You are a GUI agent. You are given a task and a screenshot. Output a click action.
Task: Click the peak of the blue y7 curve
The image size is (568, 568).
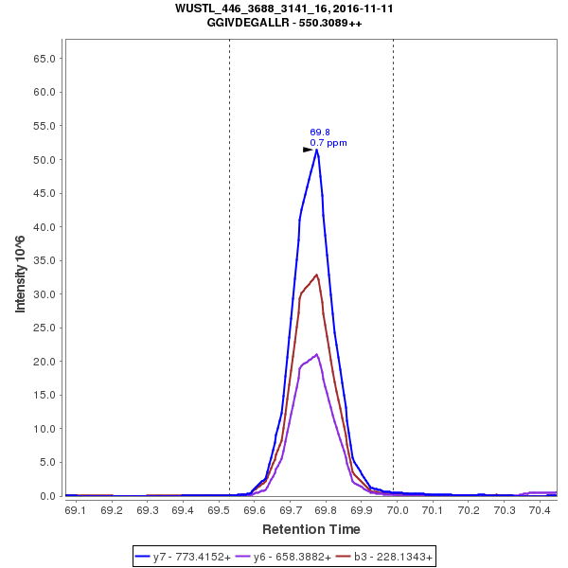coord(316,150)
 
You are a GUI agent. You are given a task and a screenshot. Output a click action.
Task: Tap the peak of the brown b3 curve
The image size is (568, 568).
coord(317,275)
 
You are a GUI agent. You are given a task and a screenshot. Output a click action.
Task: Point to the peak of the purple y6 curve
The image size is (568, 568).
coord(317,355)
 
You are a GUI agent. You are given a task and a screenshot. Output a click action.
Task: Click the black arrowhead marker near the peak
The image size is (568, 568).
coord(308,150)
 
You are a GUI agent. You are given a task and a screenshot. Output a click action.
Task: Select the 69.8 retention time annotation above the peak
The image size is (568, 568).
coord(319,133)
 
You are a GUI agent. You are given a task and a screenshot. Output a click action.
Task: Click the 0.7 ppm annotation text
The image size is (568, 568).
coord(328,143)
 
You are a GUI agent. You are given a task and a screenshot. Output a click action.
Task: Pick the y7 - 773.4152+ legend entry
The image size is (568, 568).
coord(185,558)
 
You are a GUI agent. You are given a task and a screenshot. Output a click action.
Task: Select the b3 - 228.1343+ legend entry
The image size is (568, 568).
coord(384,558)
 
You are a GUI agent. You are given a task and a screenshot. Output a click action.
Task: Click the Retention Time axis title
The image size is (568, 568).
coord(311,528)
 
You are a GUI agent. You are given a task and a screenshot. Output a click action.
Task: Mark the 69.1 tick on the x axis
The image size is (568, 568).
coord(76,510)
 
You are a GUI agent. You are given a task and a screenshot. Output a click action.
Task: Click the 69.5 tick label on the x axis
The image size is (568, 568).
coord(219,510)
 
